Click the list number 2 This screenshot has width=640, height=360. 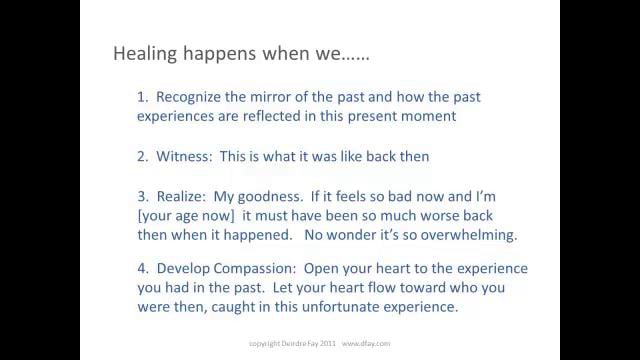[141, 156]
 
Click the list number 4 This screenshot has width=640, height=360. [141, 270]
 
